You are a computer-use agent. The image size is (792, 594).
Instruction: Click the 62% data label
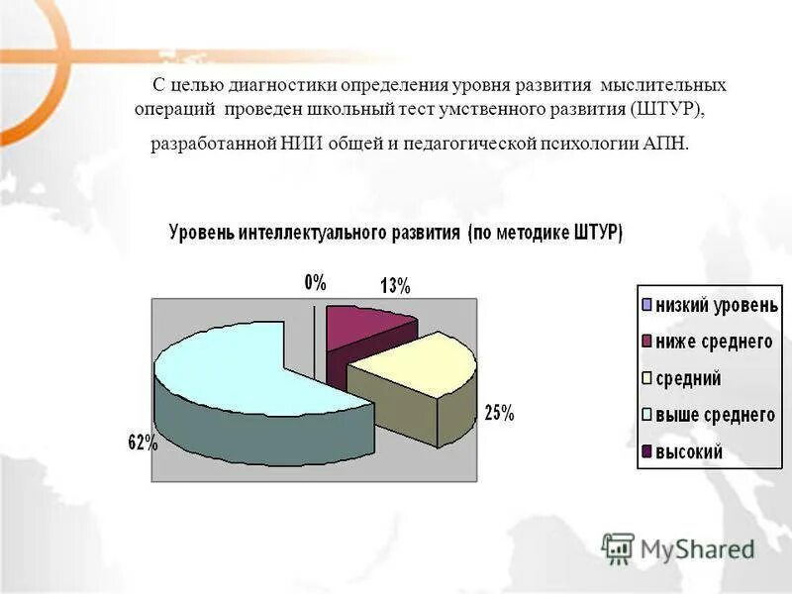tap(143, 444)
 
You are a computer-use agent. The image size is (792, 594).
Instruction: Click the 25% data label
tap(498, 413)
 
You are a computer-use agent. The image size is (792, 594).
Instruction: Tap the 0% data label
tap(315, 282)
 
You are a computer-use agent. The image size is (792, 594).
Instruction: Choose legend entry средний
tap(687, 378)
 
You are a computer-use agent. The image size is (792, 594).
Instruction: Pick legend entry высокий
tap(688, 451)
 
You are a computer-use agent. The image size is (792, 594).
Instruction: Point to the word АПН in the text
tap(662, 145)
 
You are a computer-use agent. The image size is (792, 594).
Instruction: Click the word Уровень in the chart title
tap(202, 235)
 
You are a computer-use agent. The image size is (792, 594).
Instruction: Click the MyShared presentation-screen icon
tap(617, 547)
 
